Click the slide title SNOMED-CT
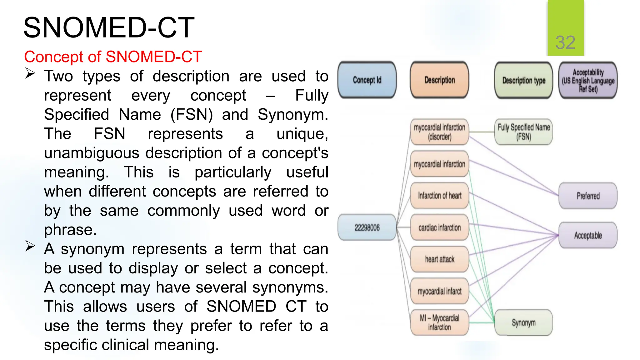click(x=109, y=28)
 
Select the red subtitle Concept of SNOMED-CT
click(x=113, y=57)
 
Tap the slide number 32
click(x=565, y=42)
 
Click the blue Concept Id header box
click(x=367, y=80)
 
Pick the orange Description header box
click(x=439, y=80)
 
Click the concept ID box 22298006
click(x=367, y=227)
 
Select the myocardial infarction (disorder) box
click(x=439, y=132)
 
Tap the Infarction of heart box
click(x=439, y=196)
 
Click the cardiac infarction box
click(x=439, y=227)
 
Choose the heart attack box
click(x=439, y=259)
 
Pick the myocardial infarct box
click(x=439, y=291)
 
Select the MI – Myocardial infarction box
click(x=439, y=322)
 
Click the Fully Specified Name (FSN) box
click(x=523, y=132)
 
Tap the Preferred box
click(x=588, y=196)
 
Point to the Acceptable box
click(x=588, y=235)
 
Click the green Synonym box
click(x=523, y=322)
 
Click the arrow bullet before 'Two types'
click(x=30, y=73)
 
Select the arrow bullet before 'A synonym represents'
click(x=30, y=246)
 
